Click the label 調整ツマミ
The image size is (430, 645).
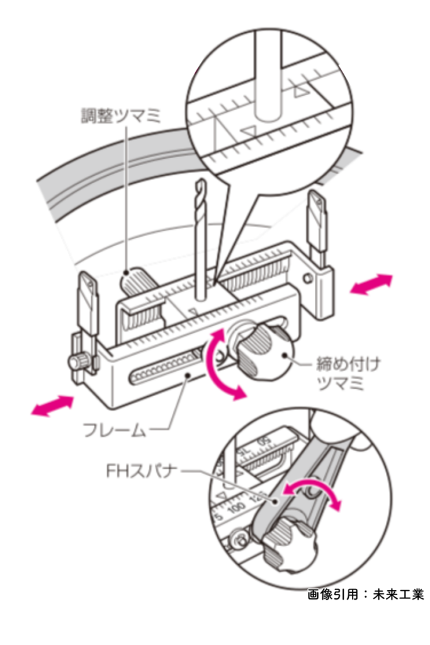(120, 116)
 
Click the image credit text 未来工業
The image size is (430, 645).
(397, 595)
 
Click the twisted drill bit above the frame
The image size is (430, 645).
(201, 241)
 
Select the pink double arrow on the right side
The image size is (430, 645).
(371, 284)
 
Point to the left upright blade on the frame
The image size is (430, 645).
(88, 305)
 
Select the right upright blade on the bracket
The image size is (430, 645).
(317, 226)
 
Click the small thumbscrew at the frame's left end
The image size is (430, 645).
(79, 362)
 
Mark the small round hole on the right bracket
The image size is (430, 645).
(306, 278)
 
